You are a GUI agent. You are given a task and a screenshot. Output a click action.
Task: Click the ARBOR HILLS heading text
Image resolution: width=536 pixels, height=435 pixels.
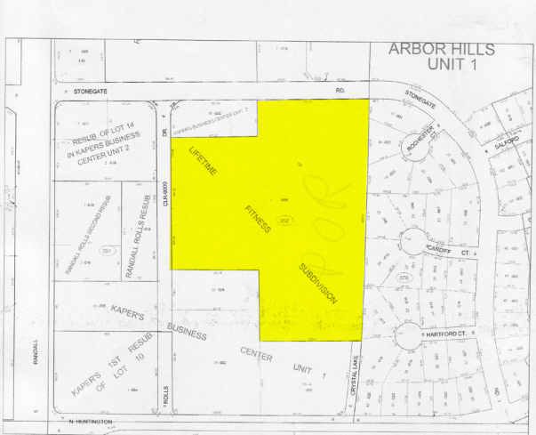[442, 49]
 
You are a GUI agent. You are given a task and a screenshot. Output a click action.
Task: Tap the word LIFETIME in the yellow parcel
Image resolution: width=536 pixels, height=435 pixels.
[204, 163]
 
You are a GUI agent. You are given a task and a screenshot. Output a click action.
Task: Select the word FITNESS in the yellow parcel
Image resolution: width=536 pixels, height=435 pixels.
[258, 219]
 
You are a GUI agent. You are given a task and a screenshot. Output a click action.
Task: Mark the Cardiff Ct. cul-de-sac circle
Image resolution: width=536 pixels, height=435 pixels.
[413, 240]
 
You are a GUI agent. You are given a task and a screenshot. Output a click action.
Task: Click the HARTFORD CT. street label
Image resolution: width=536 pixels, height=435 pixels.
[444, 334]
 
